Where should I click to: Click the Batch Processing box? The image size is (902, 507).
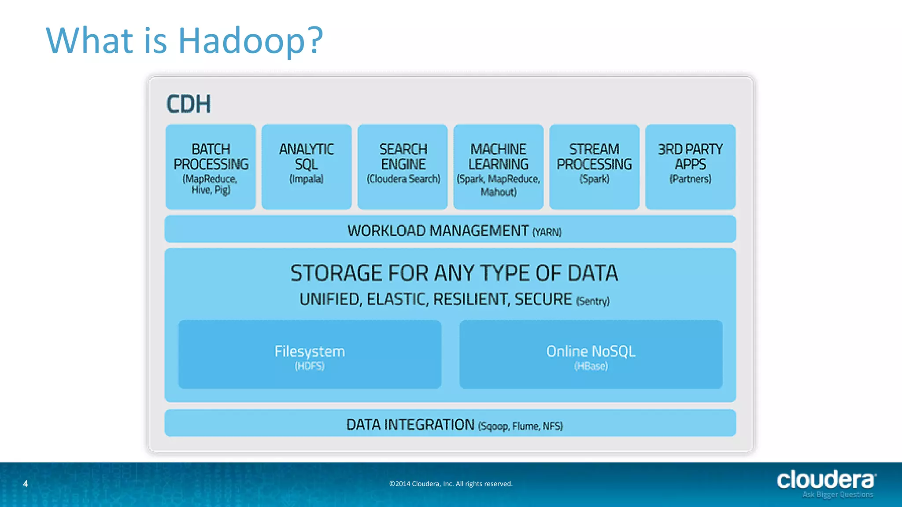(x=211, y=167)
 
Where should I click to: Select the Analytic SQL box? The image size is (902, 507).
(x=307, y=167)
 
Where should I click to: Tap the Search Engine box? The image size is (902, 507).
(x=403, y=167)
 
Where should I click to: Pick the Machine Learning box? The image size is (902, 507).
(x=499, y=167)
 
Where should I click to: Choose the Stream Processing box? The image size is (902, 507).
(x=595, y=167)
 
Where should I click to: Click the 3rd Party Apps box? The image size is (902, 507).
(x=691, y=167)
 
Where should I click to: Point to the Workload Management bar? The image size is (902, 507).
(x=450, y=229)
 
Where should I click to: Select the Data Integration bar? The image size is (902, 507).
(x=450, y=423)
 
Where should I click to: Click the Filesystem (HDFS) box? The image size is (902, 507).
(x=310, y=355)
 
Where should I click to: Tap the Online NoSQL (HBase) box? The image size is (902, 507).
(x=591, y=355)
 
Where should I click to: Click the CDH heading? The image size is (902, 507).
(x=189, y=104)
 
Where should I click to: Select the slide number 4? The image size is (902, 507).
(x=26, y=484)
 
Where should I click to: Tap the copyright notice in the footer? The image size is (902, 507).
(x=451, y=484)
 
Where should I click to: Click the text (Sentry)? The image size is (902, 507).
(x=593, y=301)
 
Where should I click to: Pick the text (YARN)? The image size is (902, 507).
(x=547, y=232)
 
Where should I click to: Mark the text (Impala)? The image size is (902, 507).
(x=307, y=179)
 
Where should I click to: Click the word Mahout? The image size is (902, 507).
(x=498, y=192)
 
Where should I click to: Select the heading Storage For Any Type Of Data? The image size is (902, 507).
(x=454, y=273)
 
